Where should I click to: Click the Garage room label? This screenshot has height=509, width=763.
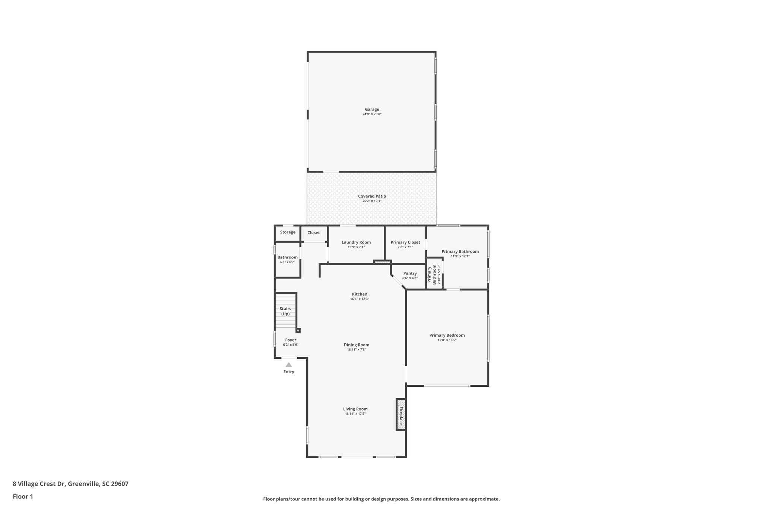(372, 109)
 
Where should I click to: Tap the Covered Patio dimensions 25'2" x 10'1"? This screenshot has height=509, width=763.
(372, 201)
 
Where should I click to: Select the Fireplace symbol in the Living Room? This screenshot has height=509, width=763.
(401, 414)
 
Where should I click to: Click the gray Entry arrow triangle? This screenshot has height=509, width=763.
(289, 365)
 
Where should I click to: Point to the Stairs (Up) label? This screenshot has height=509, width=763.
(285, 311)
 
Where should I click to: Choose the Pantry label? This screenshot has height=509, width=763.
(410, 273)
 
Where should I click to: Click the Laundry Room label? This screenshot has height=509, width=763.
(356, 242)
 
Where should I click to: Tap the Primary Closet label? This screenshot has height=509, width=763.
(405, 242)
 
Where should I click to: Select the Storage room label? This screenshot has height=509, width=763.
(288, 232)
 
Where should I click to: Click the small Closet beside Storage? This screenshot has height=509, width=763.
(313, 233)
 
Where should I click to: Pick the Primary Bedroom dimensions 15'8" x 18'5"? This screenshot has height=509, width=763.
(447, 340)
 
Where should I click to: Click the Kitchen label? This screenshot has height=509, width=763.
(360, 294)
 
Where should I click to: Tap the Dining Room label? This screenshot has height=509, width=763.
(357, 345)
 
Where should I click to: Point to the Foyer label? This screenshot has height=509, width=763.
(291, 340)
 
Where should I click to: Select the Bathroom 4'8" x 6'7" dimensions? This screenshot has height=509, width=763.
(287, 262)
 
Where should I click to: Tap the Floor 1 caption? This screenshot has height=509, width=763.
(23, 496)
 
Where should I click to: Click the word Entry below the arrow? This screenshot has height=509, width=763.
(289, 372)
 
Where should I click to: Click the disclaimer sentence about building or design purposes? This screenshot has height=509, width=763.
(381, 499)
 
